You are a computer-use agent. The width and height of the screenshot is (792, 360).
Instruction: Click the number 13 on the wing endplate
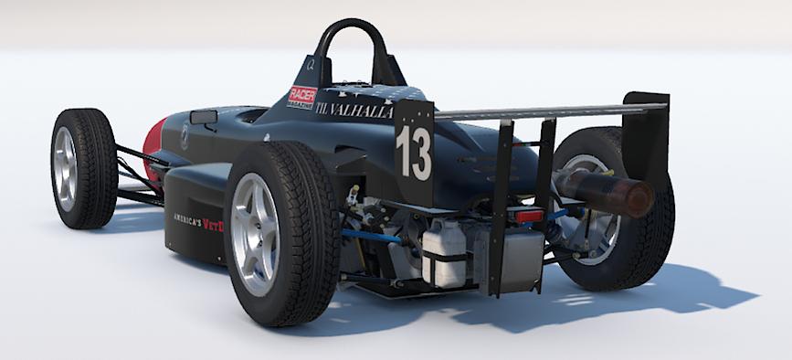coord(414,154)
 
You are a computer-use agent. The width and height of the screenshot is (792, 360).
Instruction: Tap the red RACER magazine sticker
coord(302,96)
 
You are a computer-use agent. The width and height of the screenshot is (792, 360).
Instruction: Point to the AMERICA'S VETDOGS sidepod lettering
coord(200,220)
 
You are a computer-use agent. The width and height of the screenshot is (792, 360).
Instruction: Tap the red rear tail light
coord(529,217)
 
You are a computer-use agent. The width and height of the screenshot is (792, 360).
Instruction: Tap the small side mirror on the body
coord(204,117)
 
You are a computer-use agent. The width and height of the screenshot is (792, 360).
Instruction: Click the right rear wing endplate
coord(649,137)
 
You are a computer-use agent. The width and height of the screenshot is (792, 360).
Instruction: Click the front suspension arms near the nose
coord(132,174)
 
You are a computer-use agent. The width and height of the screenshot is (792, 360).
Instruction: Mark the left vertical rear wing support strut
coord(502,210)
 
